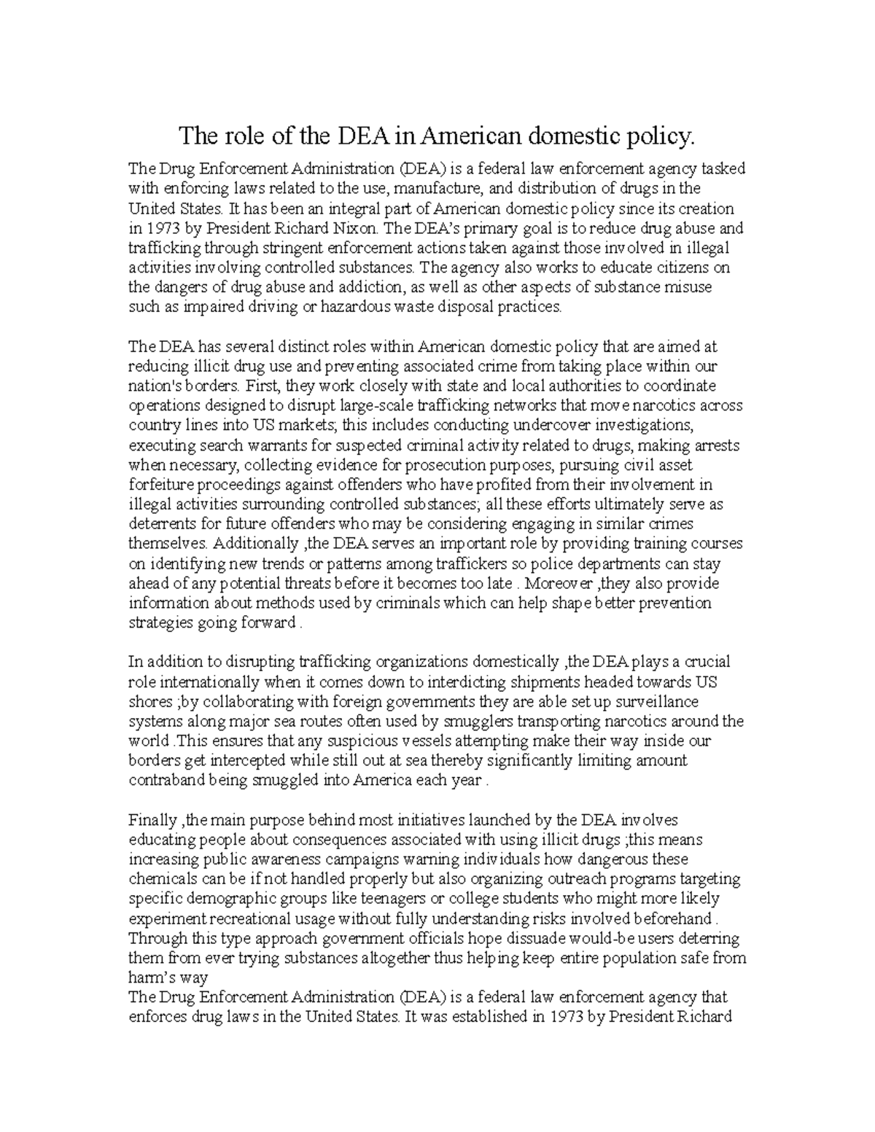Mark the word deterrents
click(159, 524)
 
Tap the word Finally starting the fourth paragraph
click(152, 820)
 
